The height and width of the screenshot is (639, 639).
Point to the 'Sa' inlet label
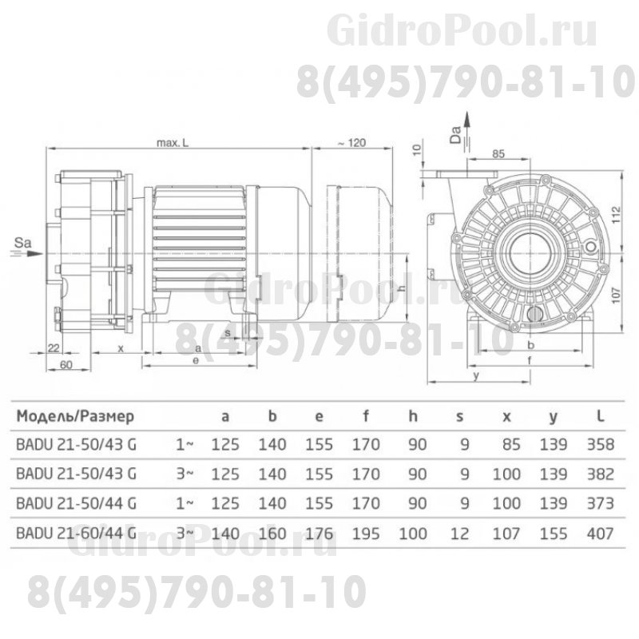[25, 239]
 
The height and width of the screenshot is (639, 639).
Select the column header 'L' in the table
[600, 416]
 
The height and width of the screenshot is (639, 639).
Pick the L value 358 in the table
[600, 445]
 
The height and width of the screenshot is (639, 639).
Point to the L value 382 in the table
[600, 474]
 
